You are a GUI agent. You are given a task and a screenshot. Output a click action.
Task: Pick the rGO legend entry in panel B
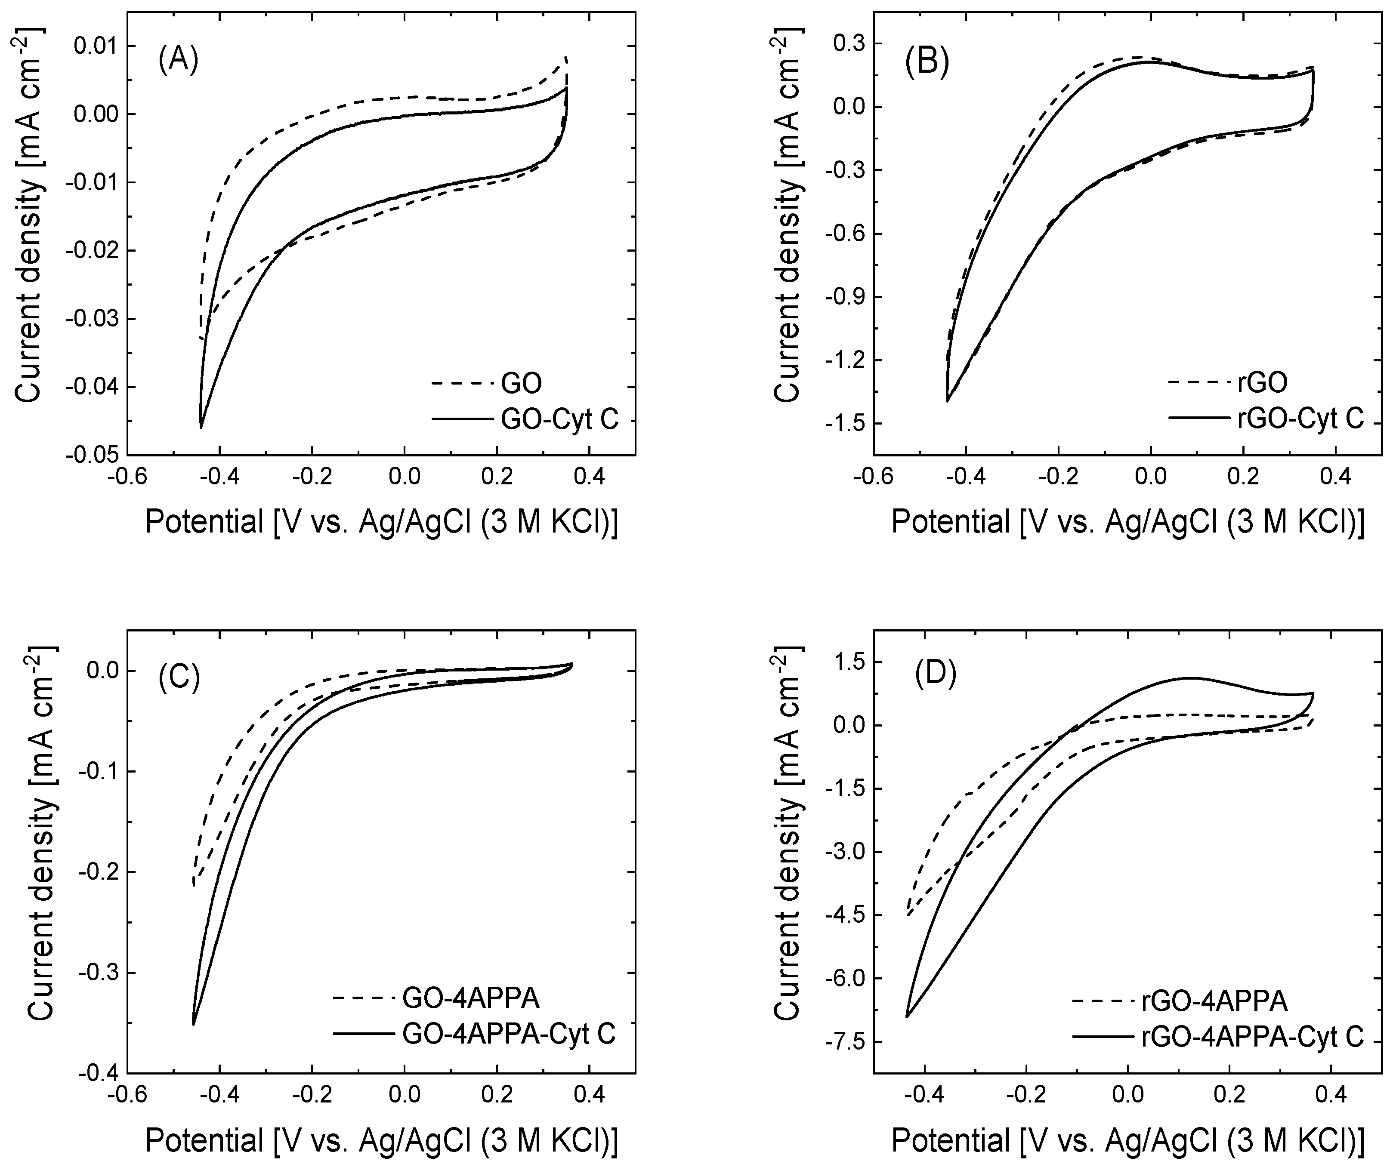(1263, 382)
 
